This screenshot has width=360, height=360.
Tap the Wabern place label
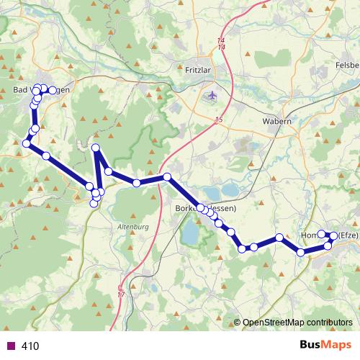pyautogui.click(x=276, y=122)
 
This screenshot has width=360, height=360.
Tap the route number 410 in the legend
pyautogui.click(x=30, y=346)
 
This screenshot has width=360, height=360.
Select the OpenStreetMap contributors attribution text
pyautogui.click(x=297, y=323)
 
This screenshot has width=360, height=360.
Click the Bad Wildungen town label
pyautogui.click(x=42, y=89)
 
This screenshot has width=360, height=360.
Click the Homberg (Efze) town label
pyautogui.click(x=328, y=235)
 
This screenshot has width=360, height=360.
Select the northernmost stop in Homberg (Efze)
pyautogui.click(x=323, y=234)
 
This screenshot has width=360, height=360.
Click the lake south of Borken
pyautogui.click(x=190, y=233)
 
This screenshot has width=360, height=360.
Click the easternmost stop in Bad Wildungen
pyautogui.click(x=53, y=90)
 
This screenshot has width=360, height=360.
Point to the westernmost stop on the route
pyautogui.click(x=27, y=144)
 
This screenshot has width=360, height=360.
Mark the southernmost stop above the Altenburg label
pyautogui.click(x=94, y=204)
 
